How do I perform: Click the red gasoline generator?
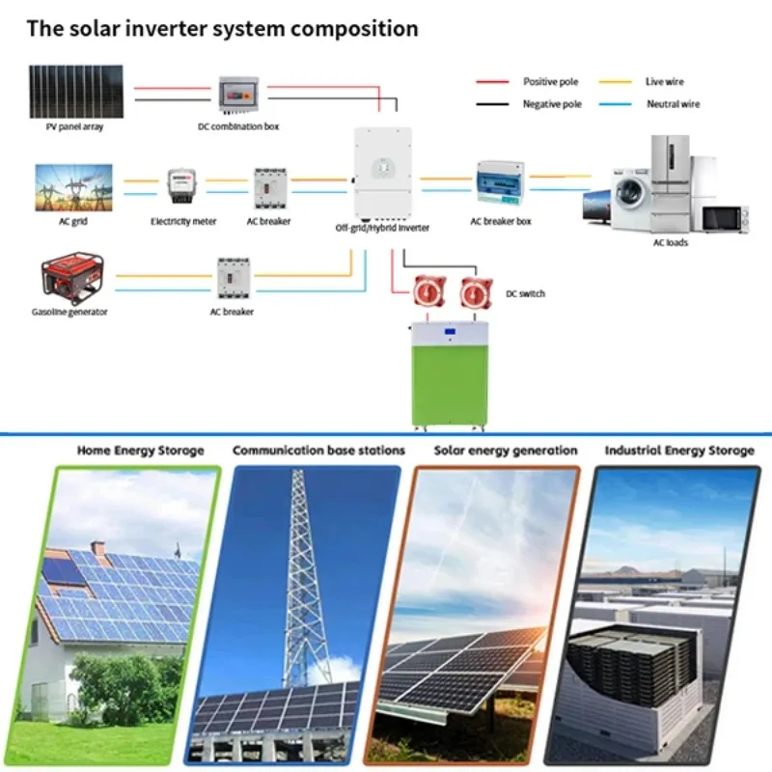point(69,279)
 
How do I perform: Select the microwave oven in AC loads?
point(725,219)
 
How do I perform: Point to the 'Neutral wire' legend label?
point(673,104)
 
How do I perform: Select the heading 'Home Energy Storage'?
point(141,451)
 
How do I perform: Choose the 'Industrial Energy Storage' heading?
point(679,451)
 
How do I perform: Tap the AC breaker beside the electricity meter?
point(270,186)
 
